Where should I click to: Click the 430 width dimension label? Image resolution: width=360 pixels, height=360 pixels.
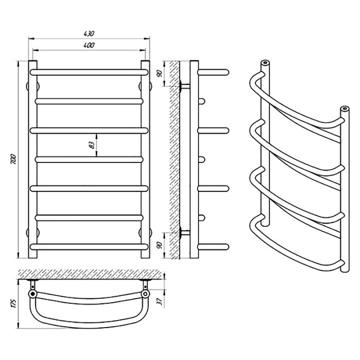point(89,33)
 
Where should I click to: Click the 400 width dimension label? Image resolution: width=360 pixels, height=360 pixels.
point(89,45)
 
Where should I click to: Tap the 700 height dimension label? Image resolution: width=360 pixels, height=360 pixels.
point(13,159)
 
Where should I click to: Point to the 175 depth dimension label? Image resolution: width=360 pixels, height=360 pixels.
point(13,303)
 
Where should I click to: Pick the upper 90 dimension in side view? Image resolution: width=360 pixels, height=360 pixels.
point(160,73)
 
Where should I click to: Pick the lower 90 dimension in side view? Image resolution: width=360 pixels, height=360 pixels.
point(160,245)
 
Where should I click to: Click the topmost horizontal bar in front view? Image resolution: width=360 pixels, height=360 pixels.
point(89,73)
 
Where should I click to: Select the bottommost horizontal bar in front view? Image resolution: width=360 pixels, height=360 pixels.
point(89,247)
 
